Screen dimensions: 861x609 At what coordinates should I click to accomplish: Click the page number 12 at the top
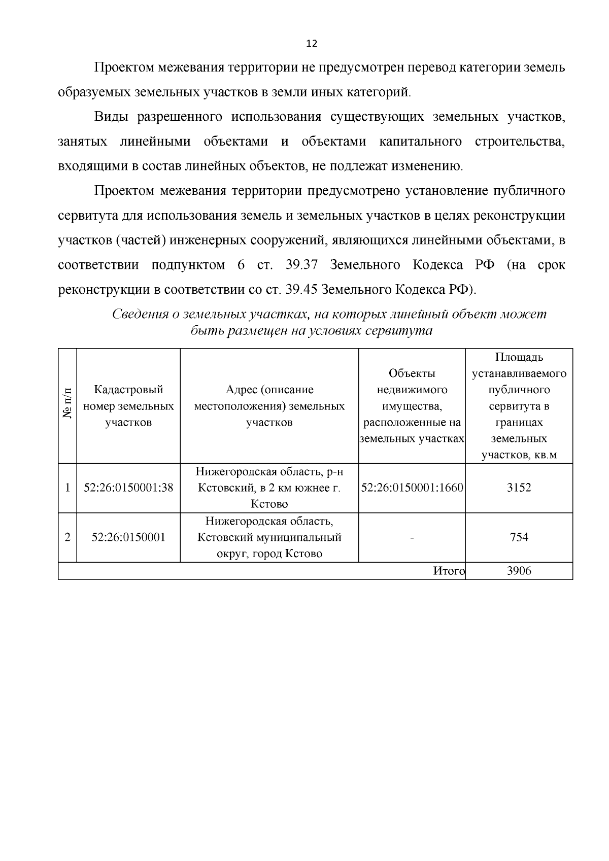pos(312,44)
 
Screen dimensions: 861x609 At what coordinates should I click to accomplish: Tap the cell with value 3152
pos(519,488)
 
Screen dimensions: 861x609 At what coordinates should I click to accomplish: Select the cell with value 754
pos(519,537)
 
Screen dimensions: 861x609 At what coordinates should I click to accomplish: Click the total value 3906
pos(519,571)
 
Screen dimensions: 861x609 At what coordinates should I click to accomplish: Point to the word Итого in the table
pos(449,571)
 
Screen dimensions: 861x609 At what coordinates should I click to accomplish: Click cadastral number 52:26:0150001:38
pos(128,488)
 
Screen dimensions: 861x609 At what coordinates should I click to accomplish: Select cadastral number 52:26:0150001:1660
pos(412,488)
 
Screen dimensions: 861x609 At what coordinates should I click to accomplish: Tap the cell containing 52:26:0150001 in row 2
pos(128,537)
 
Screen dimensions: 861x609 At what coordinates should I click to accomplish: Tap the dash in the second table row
pos(412,537)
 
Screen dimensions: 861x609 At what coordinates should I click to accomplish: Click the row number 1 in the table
pos(67,488)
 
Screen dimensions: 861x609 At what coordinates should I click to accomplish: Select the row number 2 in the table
pos(67,537)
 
